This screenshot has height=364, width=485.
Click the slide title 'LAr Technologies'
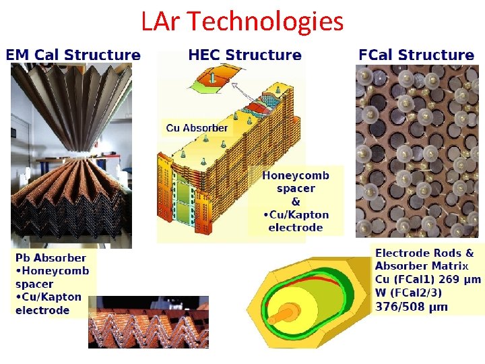243,22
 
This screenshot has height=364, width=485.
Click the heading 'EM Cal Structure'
73,55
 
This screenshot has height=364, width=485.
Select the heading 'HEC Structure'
245,55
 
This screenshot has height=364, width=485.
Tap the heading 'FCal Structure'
416,55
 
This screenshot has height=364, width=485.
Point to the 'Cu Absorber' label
197,128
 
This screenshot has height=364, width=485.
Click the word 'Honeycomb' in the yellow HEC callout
296,176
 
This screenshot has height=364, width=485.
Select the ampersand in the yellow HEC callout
296,202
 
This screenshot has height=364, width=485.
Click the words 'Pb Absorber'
51,257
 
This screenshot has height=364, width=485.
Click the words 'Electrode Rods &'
424,253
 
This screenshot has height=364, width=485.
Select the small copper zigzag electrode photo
148,322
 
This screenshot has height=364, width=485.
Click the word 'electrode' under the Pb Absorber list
42,310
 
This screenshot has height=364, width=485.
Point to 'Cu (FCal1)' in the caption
406,279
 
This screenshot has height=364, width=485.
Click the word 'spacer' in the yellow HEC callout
296,189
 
